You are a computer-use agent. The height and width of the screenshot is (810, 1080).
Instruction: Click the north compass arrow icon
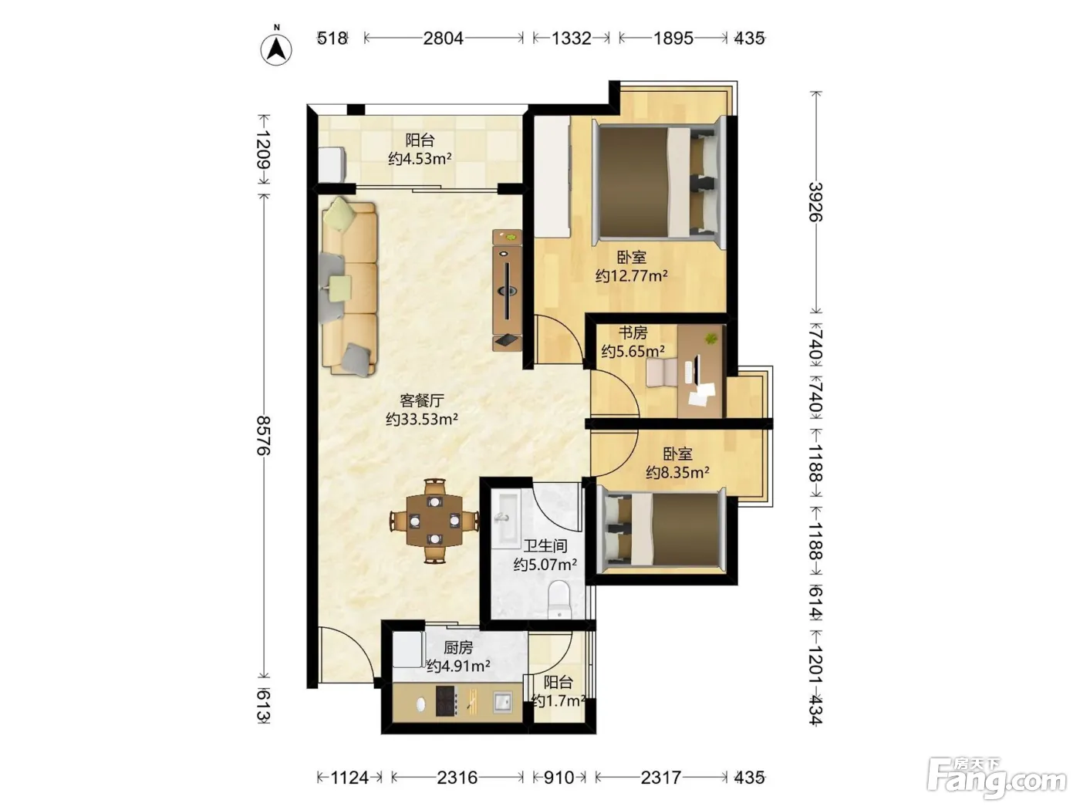click(276, 49)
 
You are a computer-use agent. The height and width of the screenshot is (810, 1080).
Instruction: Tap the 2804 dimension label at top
click(443, 38)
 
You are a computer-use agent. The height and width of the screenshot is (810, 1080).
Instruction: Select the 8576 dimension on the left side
click(264, 435)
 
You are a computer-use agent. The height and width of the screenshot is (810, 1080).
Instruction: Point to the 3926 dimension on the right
click(816, 201)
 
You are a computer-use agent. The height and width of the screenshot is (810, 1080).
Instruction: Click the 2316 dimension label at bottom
click(457, 778)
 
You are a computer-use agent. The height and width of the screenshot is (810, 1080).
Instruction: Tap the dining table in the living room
click(434, 521)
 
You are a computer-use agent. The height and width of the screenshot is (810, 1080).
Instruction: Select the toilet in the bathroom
click(559, 599)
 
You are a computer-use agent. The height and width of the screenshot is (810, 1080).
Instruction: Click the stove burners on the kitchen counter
click(445, 700)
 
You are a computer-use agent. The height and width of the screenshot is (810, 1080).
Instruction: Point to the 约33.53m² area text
click(422, 419)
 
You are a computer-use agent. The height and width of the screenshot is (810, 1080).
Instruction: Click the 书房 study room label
click(633, 333)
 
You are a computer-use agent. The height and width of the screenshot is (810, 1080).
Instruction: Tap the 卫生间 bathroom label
click(545, 546)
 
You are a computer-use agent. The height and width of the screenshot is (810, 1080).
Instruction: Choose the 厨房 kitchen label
click(458, 648)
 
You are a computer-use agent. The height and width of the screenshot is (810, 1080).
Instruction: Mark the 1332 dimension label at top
click(571, 38)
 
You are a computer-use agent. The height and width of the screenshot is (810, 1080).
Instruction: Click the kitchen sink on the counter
click(502, 701)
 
